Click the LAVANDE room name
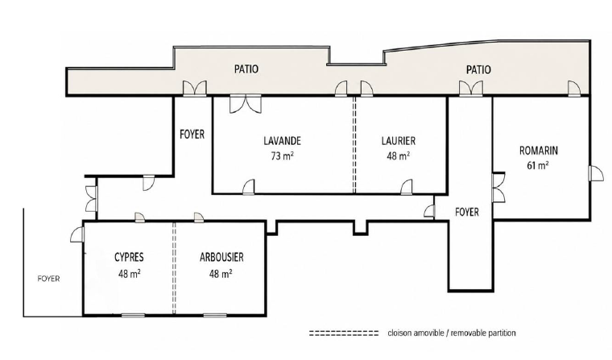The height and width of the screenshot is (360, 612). pyautogui.click(x=282, y=141)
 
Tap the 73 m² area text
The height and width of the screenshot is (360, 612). pyautogui.click(x=282, y=156)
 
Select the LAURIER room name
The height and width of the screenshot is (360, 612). pyautogui.click(x=399, y=141)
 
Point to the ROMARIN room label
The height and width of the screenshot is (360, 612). pyautogui.click(x=539, y=151)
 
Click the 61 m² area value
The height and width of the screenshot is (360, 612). pyautogui.click(x=538, y=166)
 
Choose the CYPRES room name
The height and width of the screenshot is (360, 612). pyautogui.click(x=129, y=257)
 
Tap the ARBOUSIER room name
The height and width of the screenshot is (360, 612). pyautogui.click(x=221, y=257)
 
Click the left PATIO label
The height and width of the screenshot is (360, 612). pyautogui.click(x=246, y=69)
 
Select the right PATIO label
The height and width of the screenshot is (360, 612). pyautogui.click(x=478, y=70)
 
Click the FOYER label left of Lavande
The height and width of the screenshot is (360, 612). pyautogui.click(x=192, y=134)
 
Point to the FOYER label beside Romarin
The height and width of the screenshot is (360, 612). pyautogui.click(x=467, y=212)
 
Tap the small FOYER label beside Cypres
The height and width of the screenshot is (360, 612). pyautogui.click(x=49, y=279)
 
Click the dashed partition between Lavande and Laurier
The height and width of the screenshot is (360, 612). pyautogui.click(x=354, y=145)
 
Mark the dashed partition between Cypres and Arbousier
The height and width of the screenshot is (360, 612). pyautogui.click(x=174, y=268)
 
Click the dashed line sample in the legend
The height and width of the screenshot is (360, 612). pyautogui.click(x=344, y=333)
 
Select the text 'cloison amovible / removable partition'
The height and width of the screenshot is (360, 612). pyautogui.click(x=452, y=333)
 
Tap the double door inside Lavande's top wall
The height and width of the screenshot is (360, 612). pyautogui.click(x=245, y=105)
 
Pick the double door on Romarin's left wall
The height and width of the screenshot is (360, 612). pyautogui.click(x=498, y=188)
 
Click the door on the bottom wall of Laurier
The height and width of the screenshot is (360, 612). pyautogui.click(x=407, y=187)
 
